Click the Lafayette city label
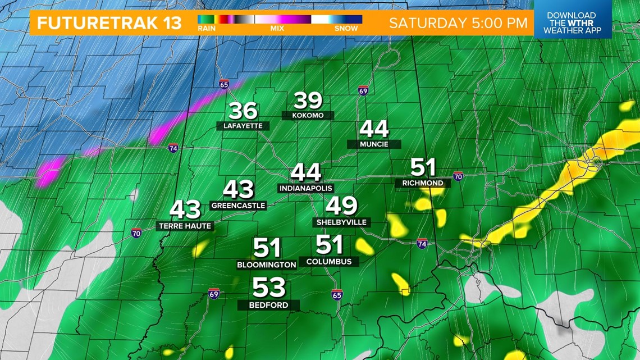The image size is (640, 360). [243, 126]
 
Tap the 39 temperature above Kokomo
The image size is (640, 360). [308, 101]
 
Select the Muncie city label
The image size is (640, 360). [374, 144]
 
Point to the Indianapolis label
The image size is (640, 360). [306, 188]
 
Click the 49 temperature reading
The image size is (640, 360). [341, 206]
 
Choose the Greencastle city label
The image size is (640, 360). [238, 206]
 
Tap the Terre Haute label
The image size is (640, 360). [185, 226]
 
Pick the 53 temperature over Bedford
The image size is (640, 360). [269, 288]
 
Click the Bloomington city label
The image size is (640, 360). [267, 265]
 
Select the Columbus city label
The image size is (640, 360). [329, 261]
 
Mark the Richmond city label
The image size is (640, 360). [423, 183]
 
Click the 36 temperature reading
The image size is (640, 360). [243, 111]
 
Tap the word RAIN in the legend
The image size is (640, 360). [207, 28]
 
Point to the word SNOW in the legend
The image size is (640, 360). [346, 28]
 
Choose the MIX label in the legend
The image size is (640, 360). [277, 28]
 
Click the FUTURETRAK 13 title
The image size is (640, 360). [109, 23]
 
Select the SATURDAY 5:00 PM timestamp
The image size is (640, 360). [458, 23]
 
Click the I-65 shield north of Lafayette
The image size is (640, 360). [224, 84]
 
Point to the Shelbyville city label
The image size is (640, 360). [341, 222]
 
